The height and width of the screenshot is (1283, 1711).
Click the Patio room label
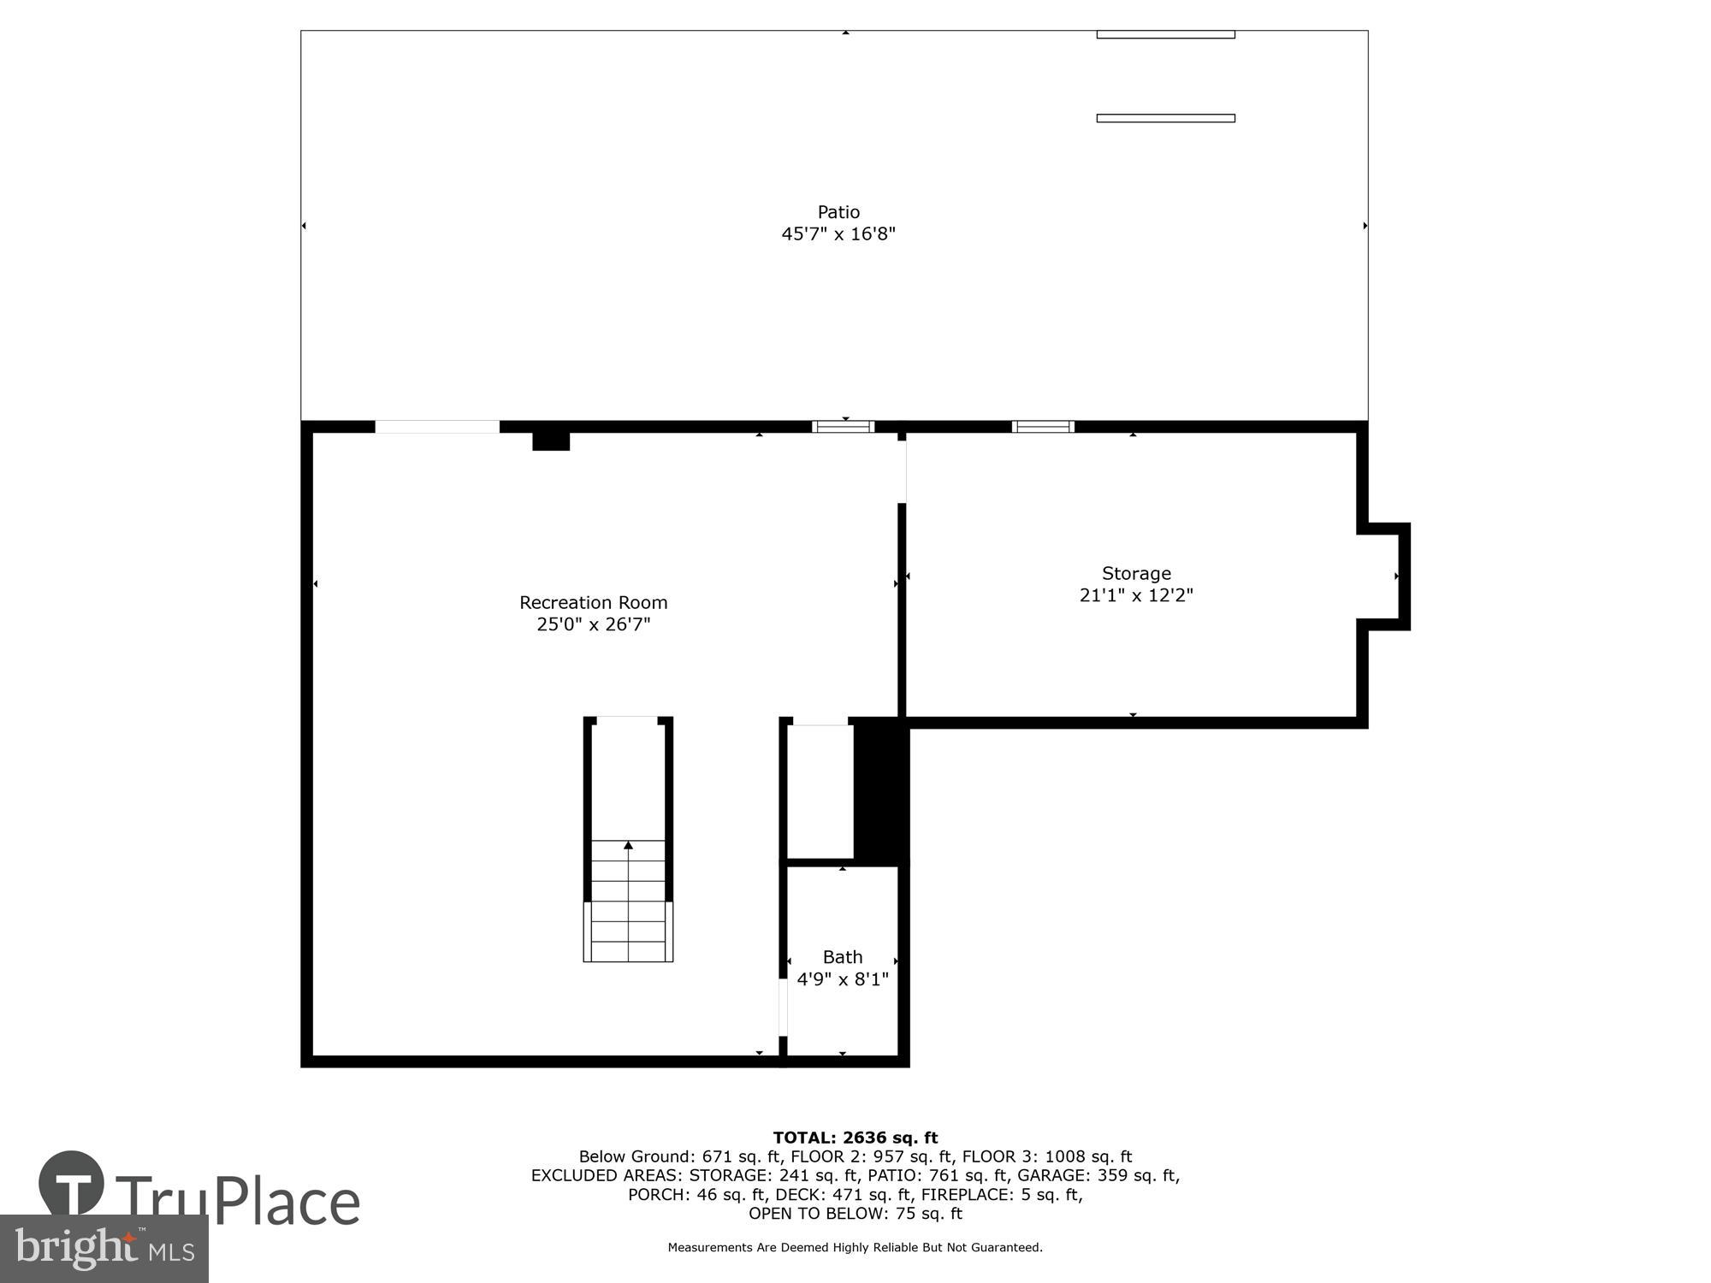click(x=838, y=212)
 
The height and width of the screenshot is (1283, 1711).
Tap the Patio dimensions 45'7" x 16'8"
click(x=838, y=234)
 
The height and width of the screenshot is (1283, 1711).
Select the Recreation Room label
click(x=593, y=602)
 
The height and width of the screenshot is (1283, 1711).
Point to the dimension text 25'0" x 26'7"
click(x=593, y=624)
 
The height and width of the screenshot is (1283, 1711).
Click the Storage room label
click(x=1136, y=573)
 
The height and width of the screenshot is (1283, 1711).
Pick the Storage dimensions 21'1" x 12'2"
click(x=1136, y=595)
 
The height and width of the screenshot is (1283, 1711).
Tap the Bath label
click(x=842, y=957)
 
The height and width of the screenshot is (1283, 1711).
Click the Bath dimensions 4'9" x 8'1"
click(x=842, y=979)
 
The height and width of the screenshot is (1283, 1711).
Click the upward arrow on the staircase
click(x=628, y=845)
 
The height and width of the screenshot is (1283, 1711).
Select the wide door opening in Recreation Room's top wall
click(x=437, y=427)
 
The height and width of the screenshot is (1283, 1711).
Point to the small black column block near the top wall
click(x=551, y=440)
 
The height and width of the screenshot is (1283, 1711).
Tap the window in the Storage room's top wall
click(x=1043, y=427)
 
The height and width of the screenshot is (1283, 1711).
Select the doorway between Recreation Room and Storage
click(x=902, y=471)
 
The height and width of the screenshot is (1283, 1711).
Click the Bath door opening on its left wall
click(x=783, y=1008)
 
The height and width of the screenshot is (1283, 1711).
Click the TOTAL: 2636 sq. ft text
click(x=855, y=1138)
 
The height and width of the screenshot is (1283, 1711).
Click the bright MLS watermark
click(x=104, y=1249)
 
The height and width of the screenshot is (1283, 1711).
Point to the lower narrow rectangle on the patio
click(x=1165, y=118)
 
